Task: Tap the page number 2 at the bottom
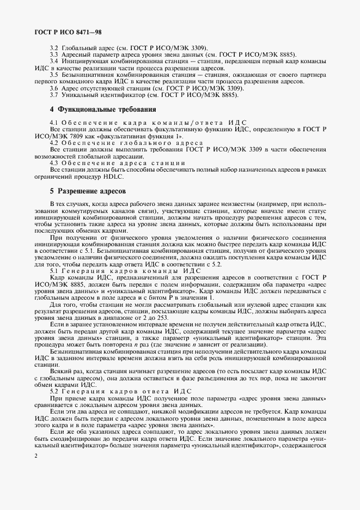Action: (35, 470)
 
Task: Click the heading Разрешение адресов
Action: (88, 192)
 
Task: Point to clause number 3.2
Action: (54, 48)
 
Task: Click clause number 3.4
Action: (54, 62)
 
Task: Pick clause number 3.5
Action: (54, 75)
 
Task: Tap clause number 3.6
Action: (54, 88)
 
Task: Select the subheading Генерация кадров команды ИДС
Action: (132, 271)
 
